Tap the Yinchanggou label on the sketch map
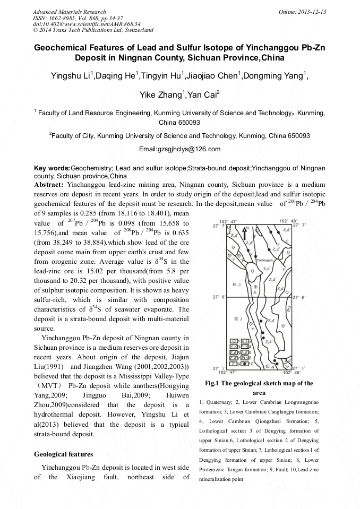[264, 261]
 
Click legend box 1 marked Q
[234, 340]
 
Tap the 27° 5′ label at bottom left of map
[218, 367]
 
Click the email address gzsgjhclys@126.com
[179, 149]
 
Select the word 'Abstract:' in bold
[49, 184]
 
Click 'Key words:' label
[52, 168]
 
